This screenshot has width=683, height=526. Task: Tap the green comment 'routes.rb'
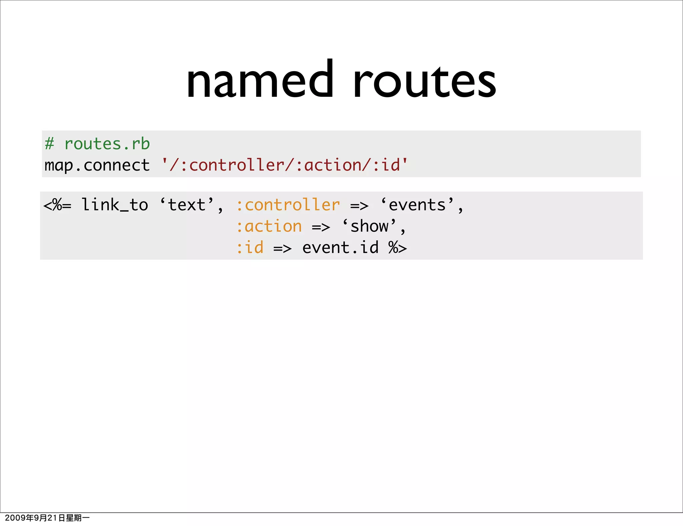(107, 144)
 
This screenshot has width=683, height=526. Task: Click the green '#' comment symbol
(49, 144)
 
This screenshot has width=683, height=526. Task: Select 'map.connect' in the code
(97, 166)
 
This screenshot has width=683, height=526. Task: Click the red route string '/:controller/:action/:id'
(284, 165)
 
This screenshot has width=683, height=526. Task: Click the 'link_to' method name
(115, 205)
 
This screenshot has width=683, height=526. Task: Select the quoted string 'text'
(187, 205)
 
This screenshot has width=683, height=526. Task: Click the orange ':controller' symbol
(288, 205)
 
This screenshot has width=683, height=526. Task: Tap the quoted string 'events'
(417, 205)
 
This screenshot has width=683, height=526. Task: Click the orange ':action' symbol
(269, 227)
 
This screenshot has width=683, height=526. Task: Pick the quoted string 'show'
(370, 227)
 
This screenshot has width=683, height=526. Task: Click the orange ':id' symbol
(250, 248)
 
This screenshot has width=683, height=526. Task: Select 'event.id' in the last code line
(340, 248)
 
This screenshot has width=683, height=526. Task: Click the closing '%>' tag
(398, 248)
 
